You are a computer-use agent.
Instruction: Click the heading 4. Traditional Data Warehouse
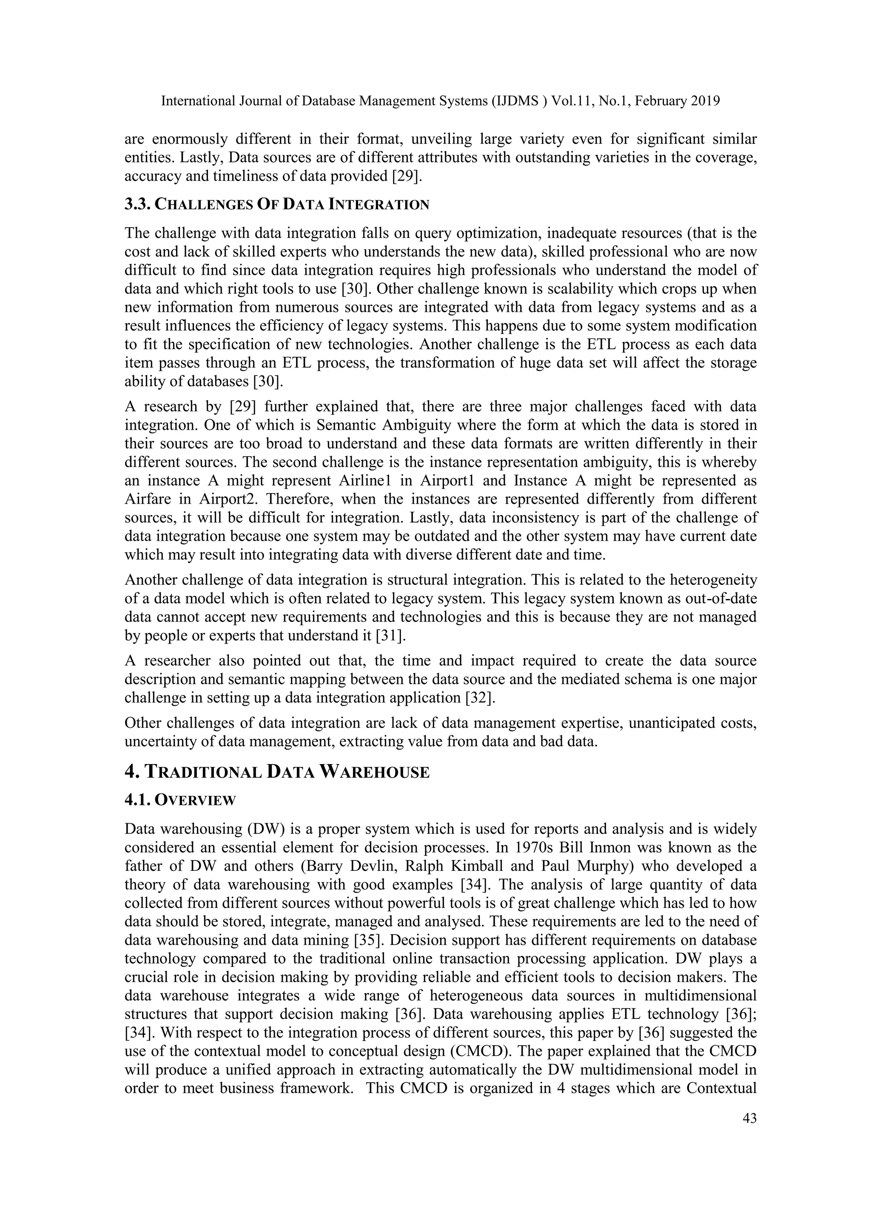[277, 772]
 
